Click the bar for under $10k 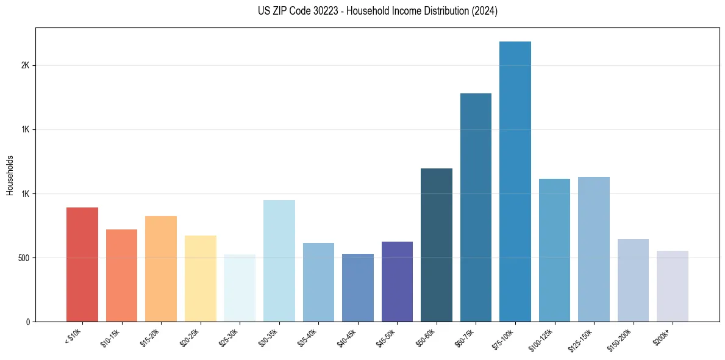click(x=82, y=264)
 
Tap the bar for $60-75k click(x=476, y=207)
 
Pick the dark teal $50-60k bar click(x=437, y=245)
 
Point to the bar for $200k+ click(x=673, y=286)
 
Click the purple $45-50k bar click(x=397, y=281)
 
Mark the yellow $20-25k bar click(x=201, y=278)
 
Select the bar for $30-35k click(x=279, y=261)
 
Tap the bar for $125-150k click(x=594, y=249)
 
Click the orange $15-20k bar click(x=161, y=268)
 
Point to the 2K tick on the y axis click(x=24, y=66)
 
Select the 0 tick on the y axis click(x=27, y=322)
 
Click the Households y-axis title click(x=10, y=175)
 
